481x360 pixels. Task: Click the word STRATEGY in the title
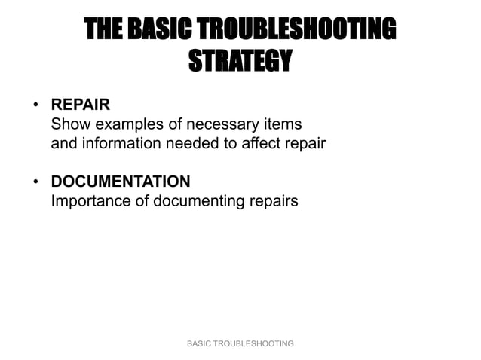click(x=239, y=59)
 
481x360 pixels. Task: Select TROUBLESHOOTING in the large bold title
click(x=302, y=30)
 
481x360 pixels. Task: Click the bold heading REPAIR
click(x=80, y=105)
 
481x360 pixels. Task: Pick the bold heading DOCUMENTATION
click(x=120, y=182)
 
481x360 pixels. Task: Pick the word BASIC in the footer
click(x=200, y=343)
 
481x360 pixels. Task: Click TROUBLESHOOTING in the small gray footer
click(x=254, y=343)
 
